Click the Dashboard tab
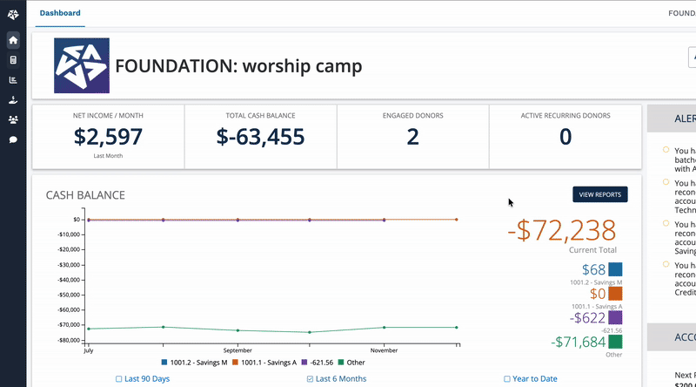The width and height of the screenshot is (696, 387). tap(60, 13)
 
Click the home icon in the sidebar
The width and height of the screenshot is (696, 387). tap(13, 40)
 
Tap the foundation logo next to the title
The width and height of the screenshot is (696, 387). tap(82, 66)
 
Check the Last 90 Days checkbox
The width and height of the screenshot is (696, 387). tap(119, 379)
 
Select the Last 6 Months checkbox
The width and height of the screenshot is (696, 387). tap(311, 379)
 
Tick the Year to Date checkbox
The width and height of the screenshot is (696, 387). tap(507, 379)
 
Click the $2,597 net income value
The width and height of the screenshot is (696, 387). tap(108, 137)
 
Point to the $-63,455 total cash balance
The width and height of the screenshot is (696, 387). tap(260, 137)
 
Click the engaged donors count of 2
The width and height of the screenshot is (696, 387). tap(412, 137)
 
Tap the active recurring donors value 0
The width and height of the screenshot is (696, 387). tap(565, 137)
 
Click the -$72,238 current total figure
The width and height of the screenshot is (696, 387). tap(562, 230)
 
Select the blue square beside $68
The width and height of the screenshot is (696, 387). tap(615, 270)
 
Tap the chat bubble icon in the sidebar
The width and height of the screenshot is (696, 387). tap(13, 139)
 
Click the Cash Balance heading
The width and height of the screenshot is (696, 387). tap(85, 195)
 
